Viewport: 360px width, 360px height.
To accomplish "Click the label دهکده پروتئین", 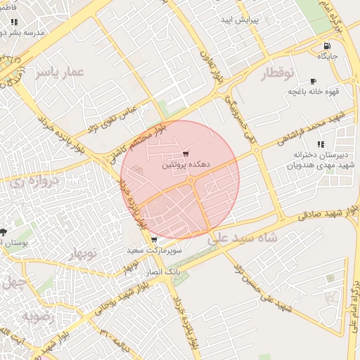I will pos(186,165).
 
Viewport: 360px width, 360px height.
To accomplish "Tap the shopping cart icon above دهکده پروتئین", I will pos(185,154).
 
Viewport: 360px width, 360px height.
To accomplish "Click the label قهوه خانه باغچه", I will pos(311,91).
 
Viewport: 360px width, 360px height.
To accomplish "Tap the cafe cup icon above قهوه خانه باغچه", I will pos(312,81).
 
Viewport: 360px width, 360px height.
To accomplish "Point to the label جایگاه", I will pos(328,55).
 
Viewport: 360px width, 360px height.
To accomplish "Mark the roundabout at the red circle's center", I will pos(191,181).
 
